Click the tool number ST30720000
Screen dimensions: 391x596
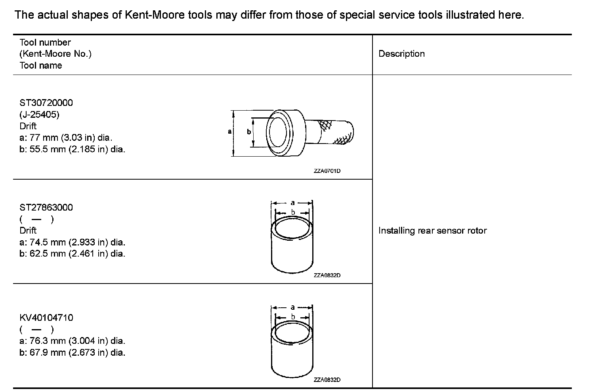click(46, 103)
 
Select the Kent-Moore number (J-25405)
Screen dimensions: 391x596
click(39, 115)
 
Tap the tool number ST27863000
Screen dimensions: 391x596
click(46, 207)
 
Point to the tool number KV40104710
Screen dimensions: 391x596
click(46, 318)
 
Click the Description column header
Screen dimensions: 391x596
click(401, 54)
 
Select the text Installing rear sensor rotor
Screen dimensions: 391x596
click(432, 231)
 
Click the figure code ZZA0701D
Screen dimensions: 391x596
click(327, 171)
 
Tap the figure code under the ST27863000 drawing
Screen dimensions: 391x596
click(327, 276)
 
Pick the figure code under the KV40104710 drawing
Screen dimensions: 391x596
click(327, 380)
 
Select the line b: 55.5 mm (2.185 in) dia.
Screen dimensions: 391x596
click(72, 149)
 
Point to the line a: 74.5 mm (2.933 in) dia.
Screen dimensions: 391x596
click(72, 242)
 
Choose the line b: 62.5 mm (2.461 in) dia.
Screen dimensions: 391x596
click(72, 254)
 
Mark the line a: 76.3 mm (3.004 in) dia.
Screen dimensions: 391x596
click(72, 341)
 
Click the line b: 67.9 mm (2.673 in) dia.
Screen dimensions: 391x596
click(72, 353)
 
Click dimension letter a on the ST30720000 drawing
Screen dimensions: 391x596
click(229, 132)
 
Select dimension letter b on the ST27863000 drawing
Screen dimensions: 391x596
click(293, 213)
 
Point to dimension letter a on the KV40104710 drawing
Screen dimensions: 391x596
click(292, 307)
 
